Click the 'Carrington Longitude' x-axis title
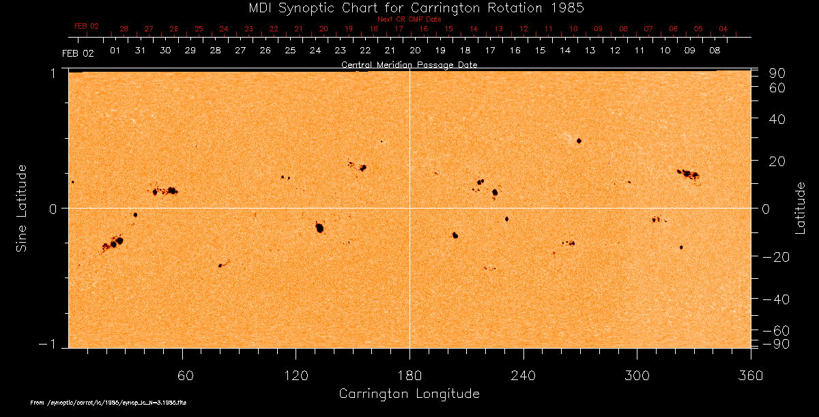point(409,394)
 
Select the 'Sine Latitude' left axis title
point(22,208)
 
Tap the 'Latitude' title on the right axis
point(801,208)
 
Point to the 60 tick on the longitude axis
point(183,376)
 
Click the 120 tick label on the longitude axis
point(296,376)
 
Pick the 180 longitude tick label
point(409,376)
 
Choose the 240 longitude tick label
point(523,376)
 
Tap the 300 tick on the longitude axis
point(637,376)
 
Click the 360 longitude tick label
point(750,376)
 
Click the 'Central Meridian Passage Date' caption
point(409,65)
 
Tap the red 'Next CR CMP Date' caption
point(409,19)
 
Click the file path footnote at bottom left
point(109,403)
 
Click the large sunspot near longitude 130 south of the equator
point(319,228)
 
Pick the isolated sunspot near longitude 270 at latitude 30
point(579,141)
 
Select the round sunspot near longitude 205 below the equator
point(455,235)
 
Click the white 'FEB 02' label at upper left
point(77,52)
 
